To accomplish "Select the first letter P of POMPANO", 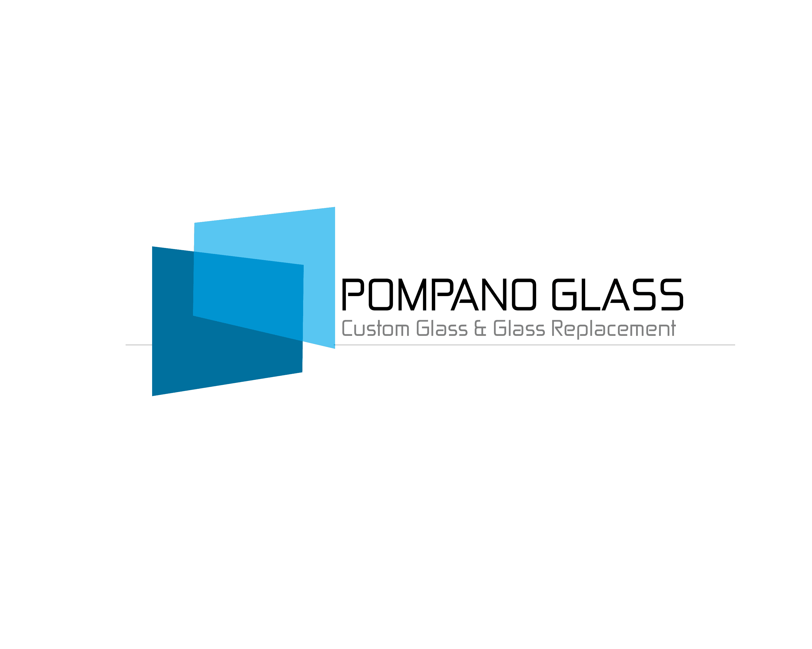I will [x=352, y=294].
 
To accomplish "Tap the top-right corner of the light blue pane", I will [x=334, y=208].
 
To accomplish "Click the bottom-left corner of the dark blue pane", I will [x=153, y=395].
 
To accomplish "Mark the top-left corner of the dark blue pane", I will [x=153, y=247].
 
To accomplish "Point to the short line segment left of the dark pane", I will [x=139, y=345].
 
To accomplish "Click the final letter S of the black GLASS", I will [x=671, y=294].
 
